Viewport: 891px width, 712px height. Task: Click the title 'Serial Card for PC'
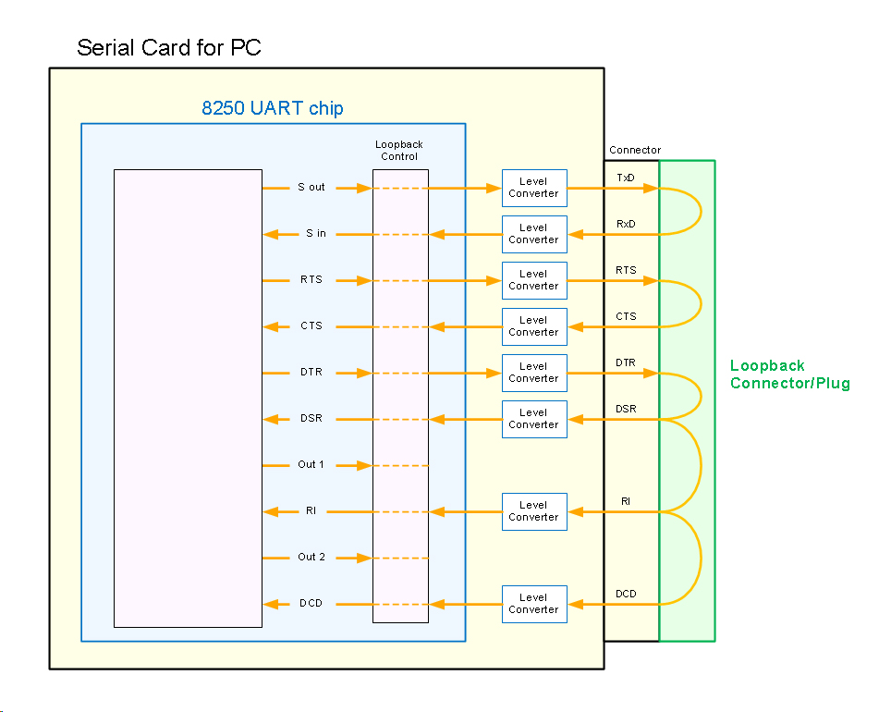coord(169,48)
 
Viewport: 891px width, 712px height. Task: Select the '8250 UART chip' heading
coord(273,108)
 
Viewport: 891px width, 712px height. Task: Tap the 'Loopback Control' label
coord(399,151)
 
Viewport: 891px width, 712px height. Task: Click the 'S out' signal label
coord(311,188)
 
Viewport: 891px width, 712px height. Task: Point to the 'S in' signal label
coord(316,234)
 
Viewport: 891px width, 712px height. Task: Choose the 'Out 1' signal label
coord(311,465)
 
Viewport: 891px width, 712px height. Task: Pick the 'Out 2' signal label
coord(311,558)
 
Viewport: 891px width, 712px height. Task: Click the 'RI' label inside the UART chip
coord(311,511)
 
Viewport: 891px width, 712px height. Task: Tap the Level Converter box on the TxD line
coord(533,188)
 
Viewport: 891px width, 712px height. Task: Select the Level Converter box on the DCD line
coord(533,604)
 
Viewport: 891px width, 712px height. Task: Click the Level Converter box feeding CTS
coord(533,326)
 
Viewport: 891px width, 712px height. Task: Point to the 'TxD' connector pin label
coord(626,177)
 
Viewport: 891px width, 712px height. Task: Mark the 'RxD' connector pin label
coord(626,224)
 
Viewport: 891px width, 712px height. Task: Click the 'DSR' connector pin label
coord(626,409)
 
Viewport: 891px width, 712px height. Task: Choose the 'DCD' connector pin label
coord(626,594)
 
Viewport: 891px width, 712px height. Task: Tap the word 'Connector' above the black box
coord(635,150)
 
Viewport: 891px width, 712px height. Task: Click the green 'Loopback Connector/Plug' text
coord(789,374)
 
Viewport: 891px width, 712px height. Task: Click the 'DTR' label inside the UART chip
coord(311,373)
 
